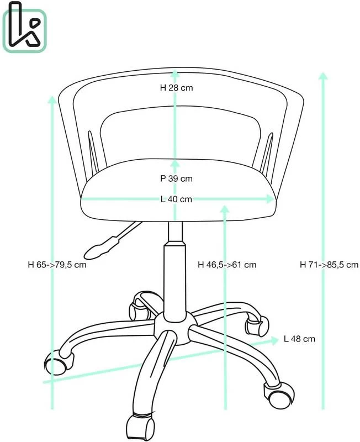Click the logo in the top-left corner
[24, 27]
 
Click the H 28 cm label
[176, 88]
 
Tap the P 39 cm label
[176, 178]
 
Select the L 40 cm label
[176, 199]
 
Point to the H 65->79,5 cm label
[57, 265]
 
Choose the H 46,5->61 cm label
[227, 265]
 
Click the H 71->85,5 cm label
[329, 265]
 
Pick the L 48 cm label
[299, 339]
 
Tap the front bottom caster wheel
[141, 428]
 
